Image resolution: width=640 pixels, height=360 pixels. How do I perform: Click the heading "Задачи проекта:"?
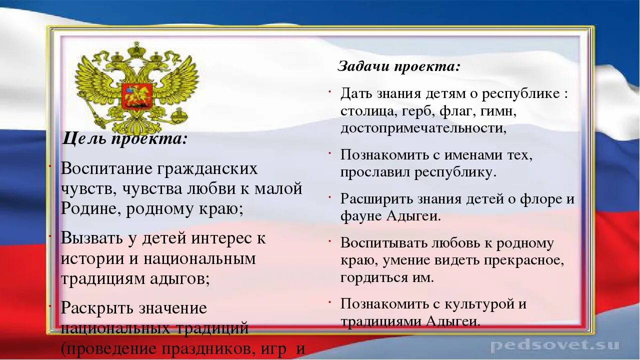(399, 66)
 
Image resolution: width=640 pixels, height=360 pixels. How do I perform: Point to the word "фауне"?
(361, 216)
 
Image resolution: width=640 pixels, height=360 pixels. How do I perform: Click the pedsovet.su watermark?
(555, 345)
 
